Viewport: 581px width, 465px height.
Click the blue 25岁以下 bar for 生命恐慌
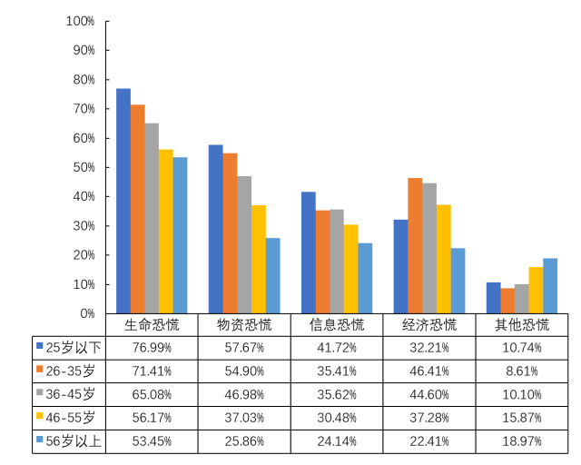123,201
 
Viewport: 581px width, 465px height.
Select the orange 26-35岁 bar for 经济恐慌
415,245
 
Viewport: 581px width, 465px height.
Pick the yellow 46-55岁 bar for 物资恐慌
259,259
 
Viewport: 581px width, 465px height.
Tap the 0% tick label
86,313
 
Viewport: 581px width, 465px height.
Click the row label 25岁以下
74,347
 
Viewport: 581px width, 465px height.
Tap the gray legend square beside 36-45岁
40,393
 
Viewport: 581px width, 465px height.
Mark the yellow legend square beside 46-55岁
40,417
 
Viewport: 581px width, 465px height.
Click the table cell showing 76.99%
152,347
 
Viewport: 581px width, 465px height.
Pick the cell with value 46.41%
429,371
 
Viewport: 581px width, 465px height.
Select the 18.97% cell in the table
522,441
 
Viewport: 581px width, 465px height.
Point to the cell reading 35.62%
337,394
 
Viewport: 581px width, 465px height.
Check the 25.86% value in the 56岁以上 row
244,441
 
